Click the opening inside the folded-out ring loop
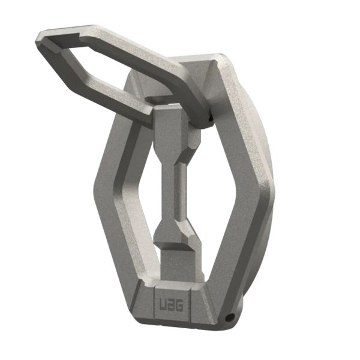pos(114,66)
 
